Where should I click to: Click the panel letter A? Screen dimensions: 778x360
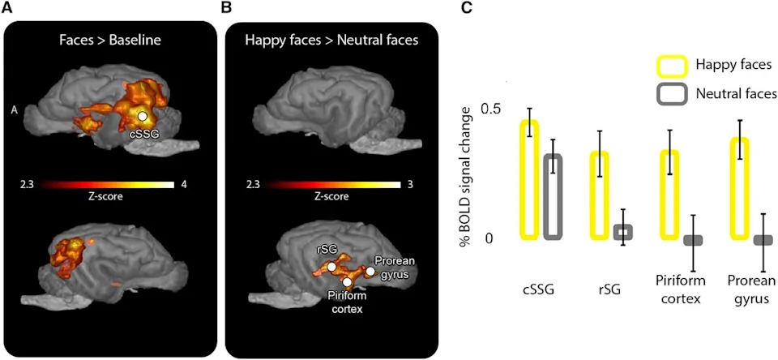[x=6, y=8]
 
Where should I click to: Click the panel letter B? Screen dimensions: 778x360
[x=226, y=8]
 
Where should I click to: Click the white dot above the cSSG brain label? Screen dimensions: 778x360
[x=143, y=116]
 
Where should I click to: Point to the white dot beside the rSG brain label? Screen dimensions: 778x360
[x=331, y=267]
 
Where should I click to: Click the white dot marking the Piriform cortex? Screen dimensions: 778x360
[x=348, y=282]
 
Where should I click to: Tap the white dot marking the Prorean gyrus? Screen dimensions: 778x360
[x=370, y=271]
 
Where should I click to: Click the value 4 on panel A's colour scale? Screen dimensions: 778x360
[x=184, y=185]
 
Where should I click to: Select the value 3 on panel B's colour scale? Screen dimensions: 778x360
[x=410, y=185]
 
